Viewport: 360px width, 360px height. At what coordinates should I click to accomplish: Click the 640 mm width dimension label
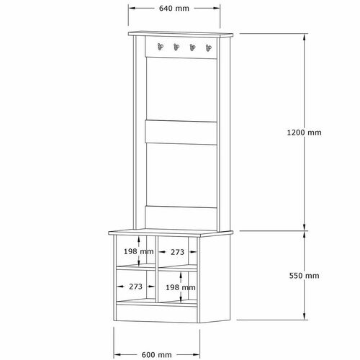[x=174, y=9]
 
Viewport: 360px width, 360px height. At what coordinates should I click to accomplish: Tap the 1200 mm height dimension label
[x=304, y=132]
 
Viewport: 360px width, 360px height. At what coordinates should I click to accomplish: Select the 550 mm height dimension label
[x=304, y=276]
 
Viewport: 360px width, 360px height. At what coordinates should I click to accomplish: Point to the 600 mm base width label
[x=156, y=355]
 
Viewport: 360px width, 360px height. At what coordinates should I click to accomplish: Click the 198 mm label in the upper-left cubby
[x=138, y=251]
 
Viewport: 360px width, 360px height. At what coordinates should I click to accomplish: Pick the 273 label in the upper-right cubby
[x=177, y=252]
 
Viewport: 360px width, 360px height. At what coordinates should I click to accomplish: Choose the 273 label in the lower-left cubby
[x=135, y=287]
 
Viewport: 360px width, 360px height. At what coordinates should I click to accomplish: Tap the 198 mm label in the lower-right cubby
[x=181, y=287]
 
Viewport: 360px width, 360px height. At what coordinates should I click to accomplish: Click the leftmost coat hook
[x=160, y=47]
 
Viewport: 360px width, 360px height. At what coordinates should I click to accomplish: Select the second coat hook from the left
[x=176, y=47]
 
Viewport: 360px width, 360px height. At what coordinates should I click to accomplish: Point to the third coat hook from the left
[x=192, y=48]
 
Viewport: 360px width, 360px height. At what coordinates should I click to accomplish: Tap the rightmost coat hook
[x=209, y=48]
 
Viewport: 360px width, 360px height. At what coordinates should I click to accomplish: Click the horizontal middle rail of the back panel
[x=181, y=132]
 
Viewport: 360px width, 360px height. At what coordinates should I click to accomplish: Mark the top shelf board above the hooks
[x=181, y=34]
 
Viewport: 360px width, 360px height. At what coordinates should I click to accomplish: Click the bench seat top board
[x=171, y=233]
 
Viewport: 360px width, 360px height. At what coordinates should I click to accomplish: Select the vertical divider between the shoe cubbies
[x=156, y=269]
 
